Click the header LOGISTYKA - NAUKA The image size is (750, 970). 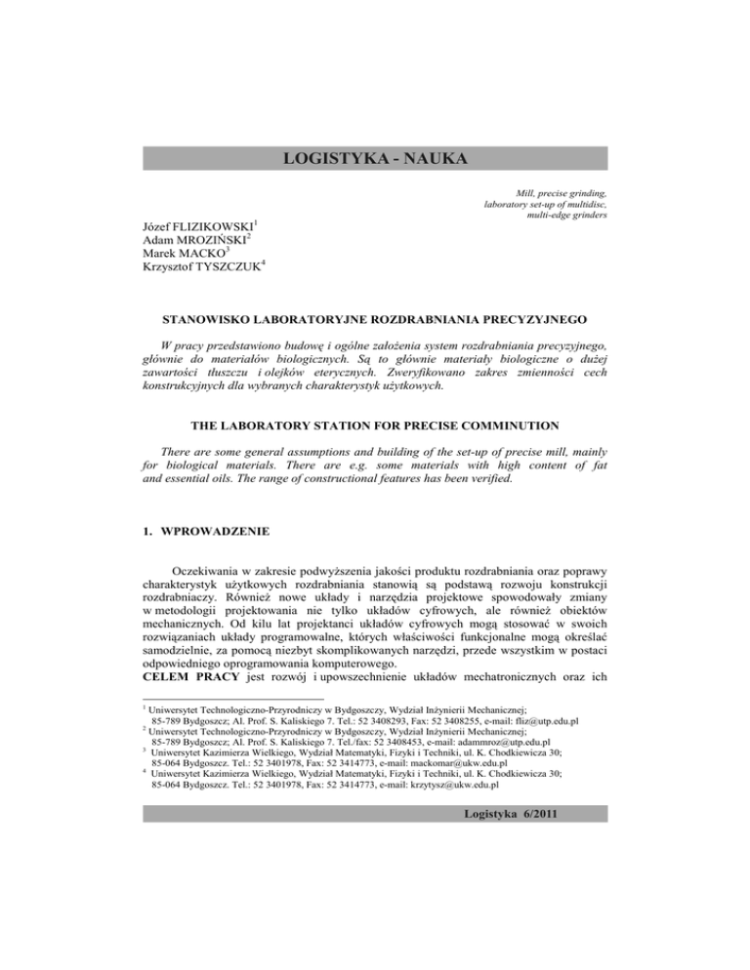point(375,159)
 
